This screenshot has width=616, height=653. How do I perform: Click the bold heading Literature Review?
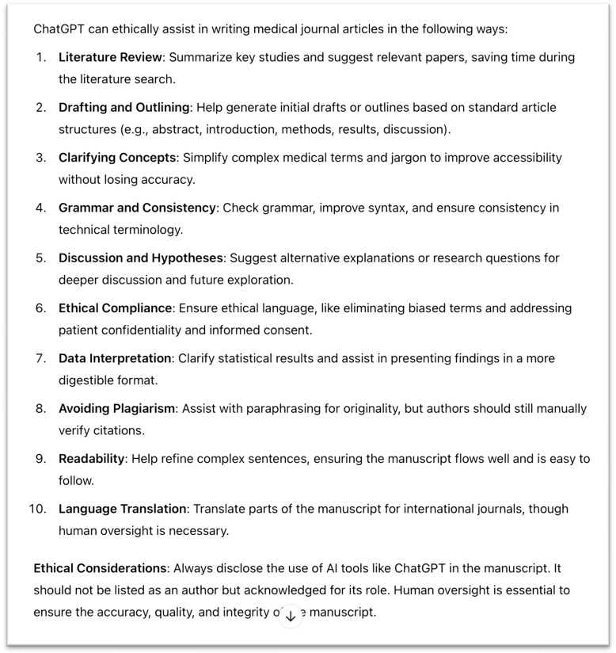(109, 57)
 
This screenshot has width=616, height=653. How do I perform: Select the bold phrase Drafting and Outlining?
(124, 107)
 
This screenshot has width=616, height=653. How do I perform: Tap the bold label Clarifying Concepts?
(116, 157)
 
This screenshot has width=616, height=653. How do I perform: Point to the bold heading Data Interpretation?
(115, 358)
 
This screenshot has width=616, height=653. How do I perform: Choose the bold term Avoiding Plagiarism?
(119, 408)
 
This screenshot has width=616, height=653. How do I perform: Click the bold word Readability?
(92, 458)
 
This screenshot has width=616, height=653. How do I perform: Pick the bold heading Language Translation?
(123, 509)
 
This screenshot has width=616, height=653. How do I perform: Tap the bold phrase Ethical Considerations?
(100, 568)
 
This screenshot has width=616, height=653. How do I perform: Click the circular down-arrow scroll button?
(291, 615)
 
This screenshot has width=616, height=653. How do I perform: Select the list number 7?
(40, 358)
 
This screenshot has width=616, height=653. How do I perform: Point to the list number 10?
(37, 509)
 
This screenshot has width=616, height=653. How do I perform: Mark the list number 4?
(40, 208)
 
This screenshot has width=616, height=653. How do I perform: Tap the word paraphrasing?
(282, 408)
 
